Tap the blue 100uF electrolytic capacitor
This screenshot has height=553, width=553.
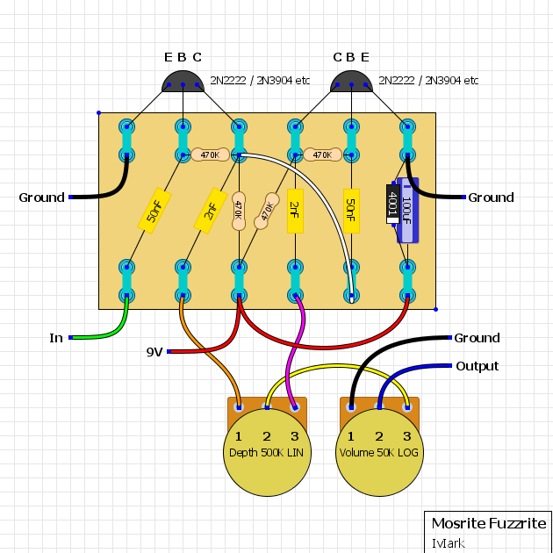coord(407,211)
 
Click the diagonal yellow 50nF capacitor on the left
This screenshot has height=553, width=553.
coord(154,211)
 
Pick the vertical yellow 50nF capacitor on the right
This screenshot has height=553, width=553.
coord(351,211)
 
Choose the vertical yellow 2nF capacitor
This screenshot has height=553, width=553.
coord(295,211)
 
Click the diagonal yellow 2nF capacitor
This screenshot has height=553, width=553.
coord(211,211)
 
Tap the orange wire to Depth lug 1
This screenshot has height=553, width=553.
coord(211,360)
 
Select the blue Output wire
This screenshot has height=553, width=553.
coord(413,369)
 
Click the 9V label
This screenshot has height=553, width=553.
coord(154,352)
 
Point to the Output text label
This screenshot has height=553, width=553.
coord(478,366)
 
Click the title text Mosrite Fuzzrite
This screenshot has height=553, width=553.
coord(488,524)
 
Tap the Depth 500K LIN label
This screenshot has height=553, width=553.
coord(267,453)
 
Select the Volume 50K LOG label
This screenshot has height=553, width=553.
coord(379,453)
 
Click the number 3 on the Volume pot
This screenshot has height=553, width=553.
coord(407,436)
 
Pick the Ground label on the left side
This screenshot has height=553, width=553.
coord(42,197)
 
